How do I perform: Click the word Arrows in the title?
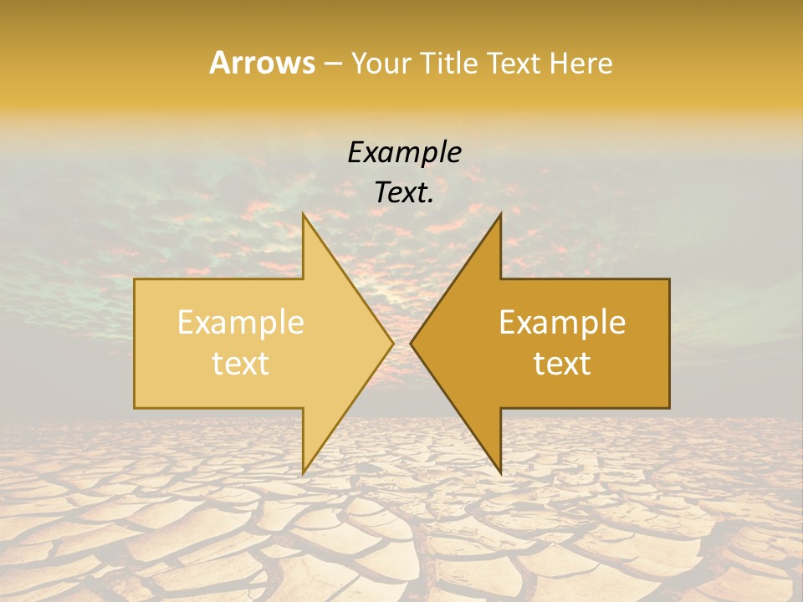pyautogui.click(x=262, y=63)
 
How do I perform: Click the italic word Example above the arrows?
pyautogui.click(x=404, y=153)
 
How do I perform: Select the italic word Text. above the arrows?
pyautogui.click(x=404, y=193)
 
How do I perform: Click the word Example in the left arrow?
pyautogui.click(x=241, y=323)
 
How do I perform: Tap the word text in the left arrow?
pyautogui.click(x=241, y=364)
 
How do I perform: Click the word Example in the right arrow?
pyautogui.click(x=562, y=323)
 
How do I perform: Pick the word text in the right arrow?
pyautogui.click(x=562, y=364)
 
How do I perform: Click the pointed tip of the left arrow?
pyautogui.click(x=392, y=343)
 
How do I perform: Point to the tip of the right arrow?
pyautogui.click(x=412, y=343)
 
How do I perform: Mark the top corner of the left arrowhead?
pyautogui.click(x=304, y=214)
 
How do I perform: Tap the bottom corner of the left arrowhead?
pyautogui.click(x=304, y=472)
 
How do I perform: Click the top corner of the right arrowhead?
pyautogui.click(x=500, y=214)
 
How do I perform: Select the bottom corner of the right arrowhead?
pyautogui.click(x=500, y=472)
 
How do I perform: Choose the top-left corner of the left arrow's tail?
pyautogui.click(x=135, y=279)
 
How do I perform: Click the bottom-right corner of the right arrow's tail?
pyautogui.click(x=669, y=407)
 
